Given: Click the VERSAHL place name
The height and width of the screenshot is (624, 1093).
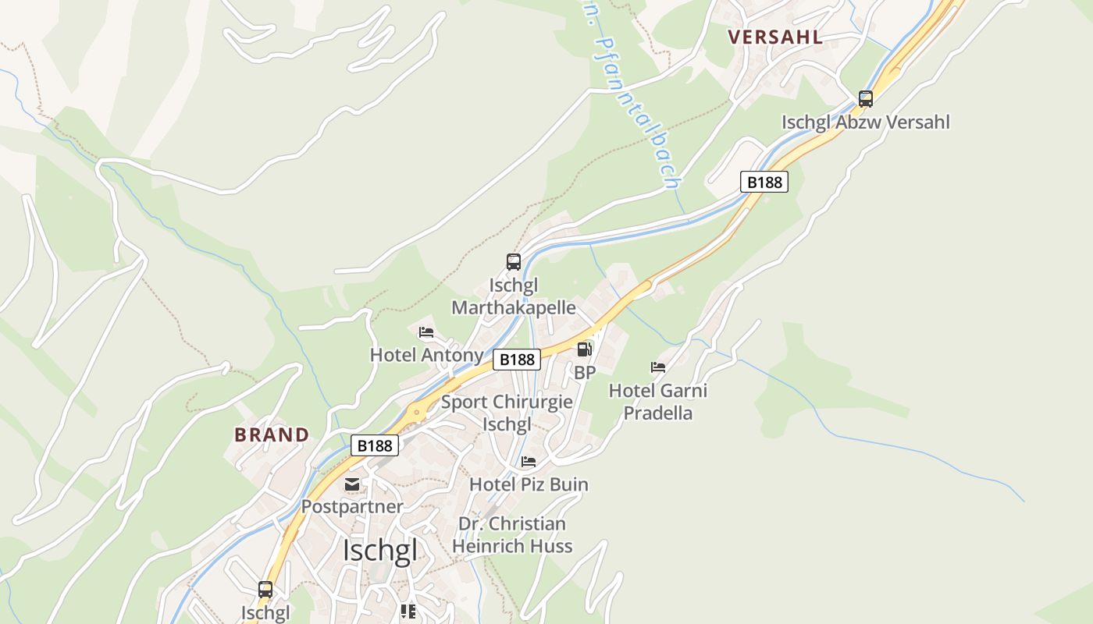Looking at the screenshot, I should [774, 37].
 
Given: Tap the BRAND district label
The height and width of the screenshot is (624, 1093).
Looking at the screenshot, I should [272, 434].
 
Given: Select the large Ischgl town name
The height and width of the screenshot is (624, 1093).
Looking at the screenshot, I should [379, 550].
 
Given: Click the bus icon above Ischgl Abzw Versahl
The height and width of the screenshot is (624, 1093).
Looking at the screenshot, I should [865, 99].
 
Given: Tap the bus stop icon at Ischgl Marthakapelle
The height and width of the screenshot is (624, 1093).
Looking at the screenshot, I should [513, 262].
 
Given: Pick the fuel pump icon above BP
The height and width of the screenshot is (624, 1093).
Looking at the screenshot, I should [584, 349].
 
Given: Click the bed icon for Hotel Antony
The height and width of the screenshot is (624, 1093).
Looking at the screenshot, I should [425, 332].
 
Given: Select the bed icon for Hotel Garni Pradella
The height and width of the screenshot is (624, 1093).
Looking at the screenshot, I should [658, 367].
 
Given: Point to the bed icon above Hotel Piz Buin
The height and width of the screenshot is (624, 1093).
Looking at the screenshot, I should [529, 462].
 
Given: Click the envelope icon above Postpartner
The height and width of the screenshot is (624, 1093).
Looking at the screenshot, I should [352, 484].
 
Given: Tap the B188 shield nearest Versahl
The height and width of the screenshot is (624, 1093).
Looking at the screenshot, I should [764, 182].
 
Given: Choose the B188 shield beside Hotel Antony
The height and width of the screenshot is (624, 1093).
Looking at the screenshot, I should [517, 359].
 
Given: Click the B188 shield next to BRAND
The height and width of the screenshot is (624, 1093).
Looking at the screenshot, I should [375, 445].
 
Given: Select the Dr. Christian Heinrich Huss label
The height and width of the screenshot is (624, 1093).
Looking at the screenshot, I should [512, 534].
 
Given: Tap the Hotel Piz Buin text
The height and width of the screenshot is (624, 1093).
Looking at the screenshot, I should [529, 484].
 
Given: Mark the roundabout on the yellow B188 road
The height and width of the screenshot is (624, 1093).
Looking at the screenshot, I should [417, 411].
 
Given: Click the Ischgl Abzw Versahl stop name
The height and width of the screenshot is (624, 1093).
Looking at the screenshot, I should [865, 122].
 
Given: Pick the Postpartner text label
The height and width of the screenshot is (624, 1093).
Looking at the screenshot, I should [352, 506].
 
